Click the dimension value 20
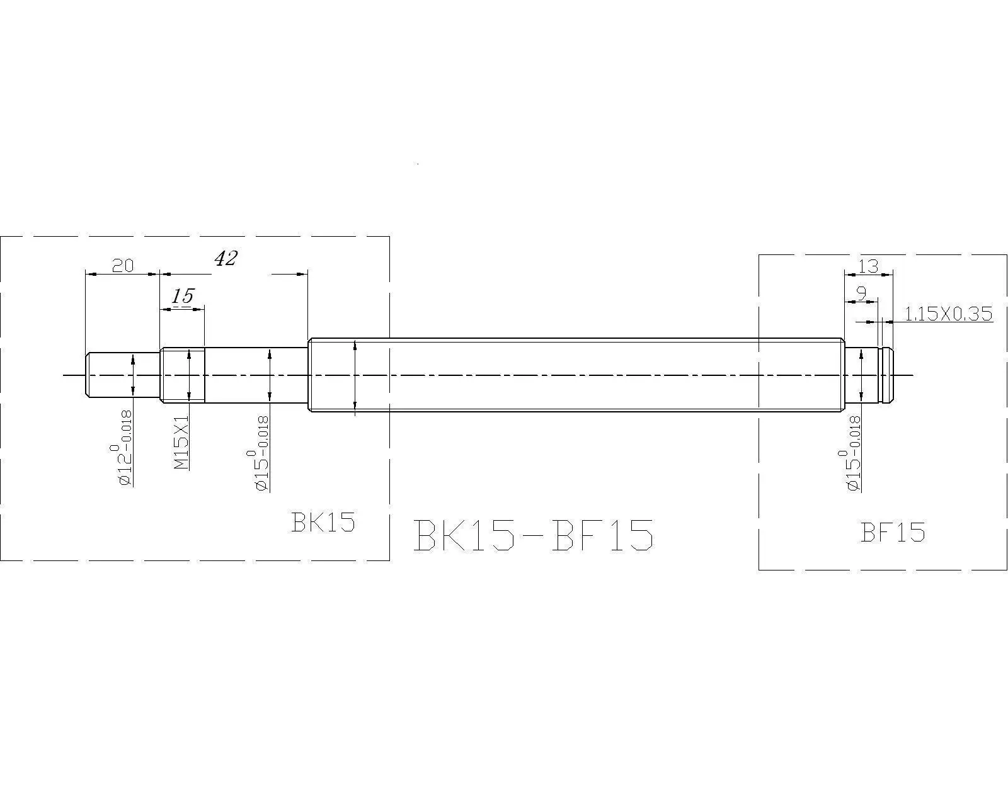[x=123, y=265]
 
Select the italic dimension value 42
[x=226, y=258]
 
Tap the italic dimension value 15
[x=183, y=296]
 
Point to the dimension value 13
[x=868, y=266]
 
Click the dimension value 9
[x=861, y=293]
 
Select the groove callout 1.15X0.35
[x=948, y=314]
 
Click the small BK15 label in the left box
[x=323, y=522]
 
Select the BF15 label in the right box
[x=892, y=533]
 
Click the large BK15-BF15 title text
[x=533, y=536]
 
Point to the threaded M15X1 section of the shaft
[x=183, y=375]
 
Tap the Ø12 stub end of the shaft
[x=113, y=375]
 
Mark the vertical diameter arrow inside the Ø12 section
[x=133, y=375]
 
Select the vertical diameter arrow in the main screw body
[x=356, y=375]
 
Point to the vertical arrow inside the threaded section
[x=188, y=375]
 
